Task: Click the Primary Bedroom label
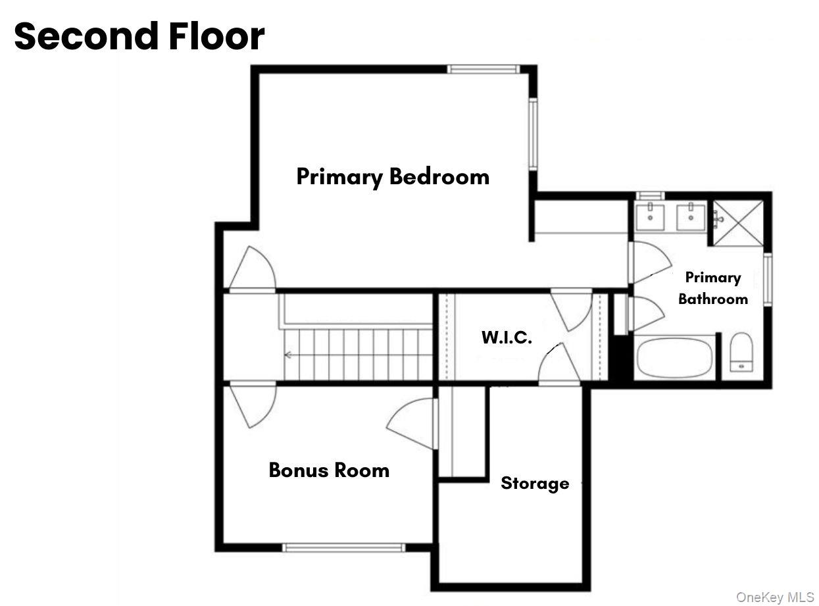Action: click(x=393, y=177)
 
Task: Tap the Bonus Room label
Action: click(x=329, y=470)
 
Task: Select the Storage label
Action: click(x=535, y=484)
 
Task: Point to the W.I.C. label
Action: click(x=507, y=338)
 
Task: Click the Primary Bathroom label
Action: click(x=713, y=288)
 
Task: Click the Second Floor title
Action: click(x=139, y=37)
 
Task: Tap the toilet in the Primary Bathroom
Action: click(x=741, y=352)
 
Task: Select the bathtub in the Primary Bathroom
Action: click(x=675, y=357)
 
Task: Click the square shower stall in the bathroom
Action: click(x=739, y=223)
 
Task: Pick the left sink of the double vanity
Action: click(x=650, y=216)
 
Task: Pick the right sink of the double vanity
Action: click(x=691, y=216)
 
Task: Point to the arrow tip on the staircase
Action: click(x=287, y=355)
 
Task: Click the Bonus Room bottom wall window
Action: click(x=343, y=547)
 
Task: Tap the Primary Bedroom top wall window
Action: click(x=484, y=69)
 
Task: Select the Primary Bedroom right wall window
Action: click(x=534, y=134)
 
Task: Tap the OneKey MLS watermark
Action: click(x=775, y=597)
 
